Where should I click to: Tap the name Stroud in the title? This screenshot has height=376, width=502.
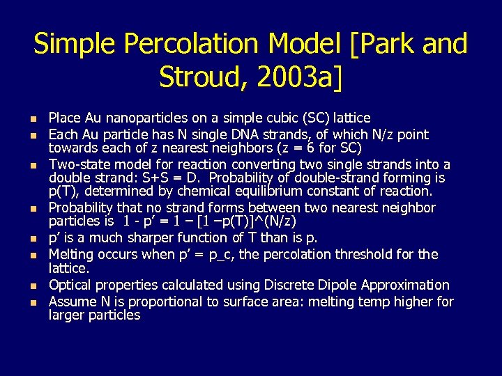point(202,76)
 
